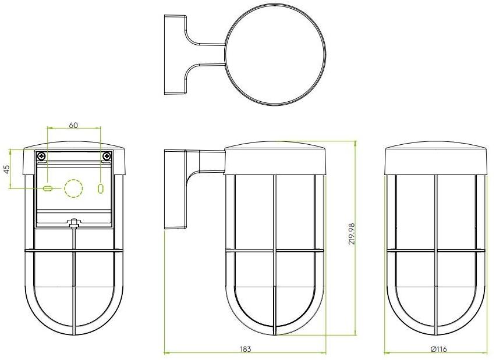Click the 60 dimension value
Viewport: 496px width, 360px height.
pos(73,125)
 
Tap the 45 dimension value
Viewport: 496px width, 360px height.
pos(6,169)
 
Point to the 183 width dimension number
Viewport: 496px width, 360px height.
pos(245,349)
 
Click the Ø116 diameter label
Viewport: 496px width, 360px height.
pos(438,349)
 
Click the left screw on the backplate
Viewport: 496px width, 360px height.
pos(41,157)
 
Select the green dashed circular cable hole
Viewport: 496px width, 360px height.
pos(74,188)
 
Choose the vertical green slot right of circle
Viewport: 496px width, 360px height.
pos(100,188)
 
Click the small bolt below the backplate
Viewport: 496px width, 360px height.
pos(73,223)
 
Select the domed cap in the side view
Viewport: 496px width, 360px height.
pos(274,157)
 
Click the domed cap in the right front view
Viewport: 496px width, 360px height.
pos(435,157)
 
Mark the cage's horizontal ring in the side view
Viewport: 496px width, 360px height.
pos(274,251)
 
